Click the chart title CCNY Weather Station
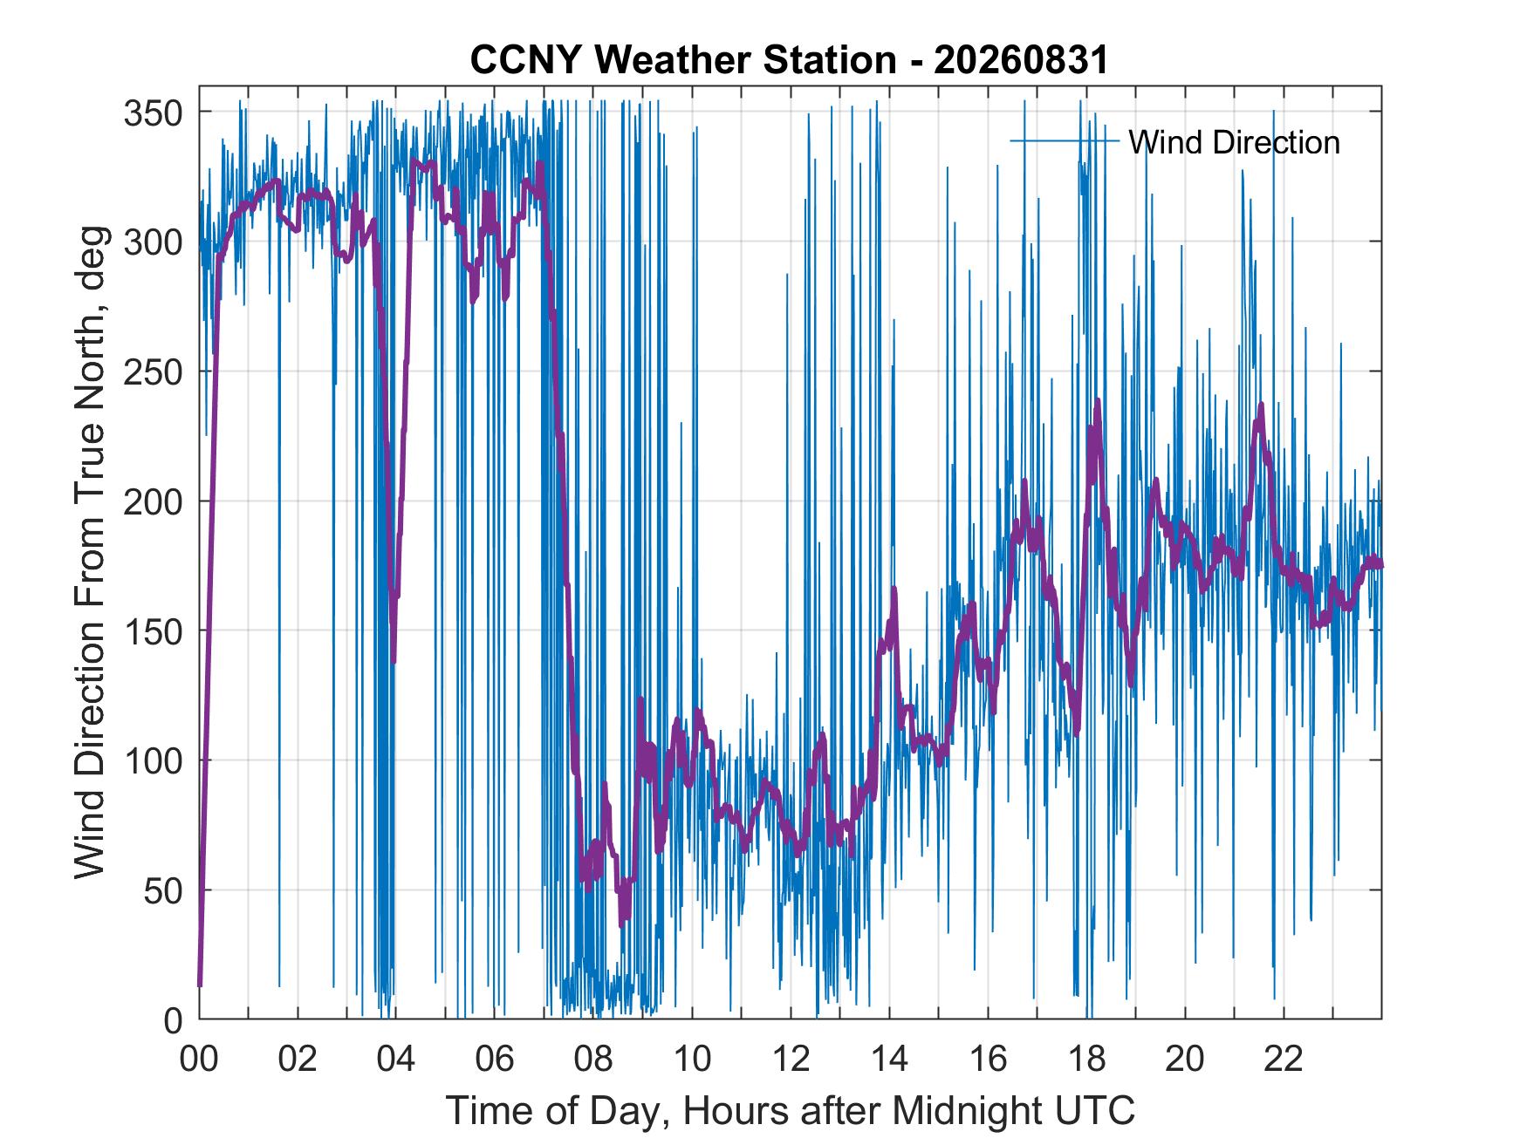682,60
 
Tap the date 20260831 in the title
1021,60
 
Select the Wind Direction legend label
1234,142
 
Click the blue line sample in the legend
1065,141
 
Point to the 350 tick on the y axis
157,112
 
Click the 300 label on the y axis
157,242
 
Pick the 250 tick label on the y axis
157,371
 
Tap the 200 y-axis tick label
157,501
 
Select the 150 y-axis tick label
157,631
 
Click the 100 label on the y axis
157,760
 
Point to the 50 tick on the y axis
167,890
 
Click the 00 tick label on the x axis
199,1060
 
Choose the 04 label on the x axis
396,1060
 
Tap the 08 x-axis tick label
593,1060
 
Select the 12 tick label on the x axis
791,1060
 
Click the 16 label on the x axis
988,1060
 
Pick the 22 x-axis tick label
1284,1060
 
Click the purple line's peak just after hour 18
1097,401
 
